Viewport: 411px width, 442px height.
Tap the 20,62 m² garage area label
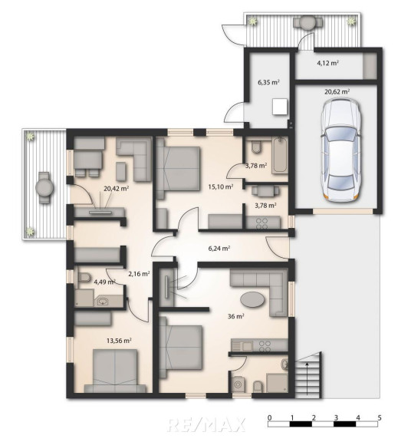[x=337, y=91]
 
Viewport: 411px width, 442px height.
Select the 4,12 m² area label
[x=327, y=63]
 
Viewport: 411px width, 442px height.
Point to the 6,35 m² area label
[x=268, y=82]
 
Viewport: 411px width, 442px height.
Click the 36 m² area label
[x=235, y=316]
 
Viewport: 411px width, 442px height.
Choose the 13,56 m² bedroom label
[x=119, y=341]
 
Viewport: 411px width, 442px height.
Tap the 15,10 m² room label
[x=221, y=186]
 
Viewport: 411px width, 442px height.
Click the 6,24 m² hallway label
[x=219, y=249]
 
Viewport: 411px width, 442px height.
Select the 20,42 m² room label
[x=116, y=189]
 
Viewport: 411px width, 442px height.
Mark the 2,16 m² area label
[x=139, y=273]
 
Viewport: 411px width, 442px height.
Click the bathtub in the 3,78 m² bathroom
[x=280, y=155]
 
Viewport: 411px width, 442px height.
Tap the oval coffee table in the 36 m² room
[x=252, y=299]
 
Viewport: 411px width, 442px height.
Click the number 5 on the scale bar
[x=380, y=417]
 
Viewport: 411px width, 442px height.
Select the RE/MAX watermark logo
[x=207, y=424]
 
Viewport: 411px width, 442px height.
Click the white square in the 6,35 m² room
[x=280, y=107]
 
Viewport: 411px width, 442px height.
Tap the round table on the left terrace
[x=44, y=187]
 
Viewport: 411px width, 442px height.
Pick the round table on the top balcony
[x=307, y=22]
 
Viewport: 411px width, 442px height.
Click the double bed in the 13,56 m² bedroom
[x=115, y=371]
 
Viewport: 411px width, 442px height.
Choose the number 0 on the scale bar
[x=270, y=417]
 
